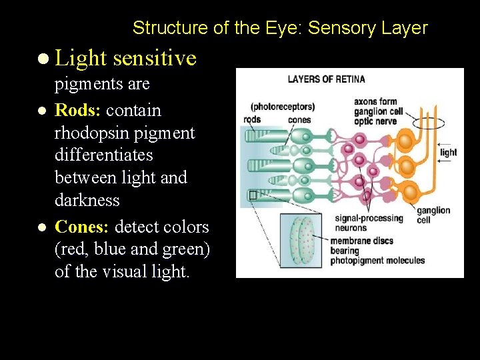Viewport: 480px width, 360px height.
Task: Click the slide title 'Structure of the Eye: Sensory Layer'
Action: [x=280, y=28]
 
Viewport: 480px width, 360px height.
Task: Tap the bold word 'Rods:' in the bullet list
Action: [x=79, y=110]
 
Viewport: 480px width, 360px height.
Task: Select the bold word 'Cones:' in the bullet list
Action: [x=83, y=227]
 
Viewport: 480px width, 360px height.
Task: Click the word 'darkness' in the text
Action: [x=87, y=200]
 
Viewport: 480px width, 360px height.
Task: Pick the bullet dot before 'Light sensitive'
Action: [x=43, y=59]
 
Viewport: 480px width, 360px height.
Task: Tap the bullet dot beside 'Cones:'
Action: [x=43, y=227]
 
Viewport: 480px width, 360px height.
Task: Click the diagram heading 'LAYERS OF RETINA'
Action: [x=326, y=79]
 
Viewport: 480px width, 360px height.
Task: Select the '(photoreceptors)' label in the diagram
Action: [x=282, y=107]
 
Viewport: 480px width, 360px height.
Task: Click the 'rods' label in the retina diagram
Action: [x=253, y=119]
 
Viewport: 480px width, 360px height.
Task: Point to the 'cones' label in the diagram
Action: [x=299, y=119]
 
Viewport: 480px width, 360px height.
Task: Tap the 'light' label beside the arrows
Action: [x=449, y=152]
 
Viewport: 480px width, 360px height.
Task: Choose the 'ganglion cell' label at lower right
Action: [x=433, y=215]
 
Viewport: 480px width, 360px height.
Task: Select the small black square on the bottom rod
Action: [x=252, y=195]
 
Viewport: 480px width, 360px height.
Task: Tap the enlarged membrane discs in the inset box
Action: [x=301, y=243]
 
